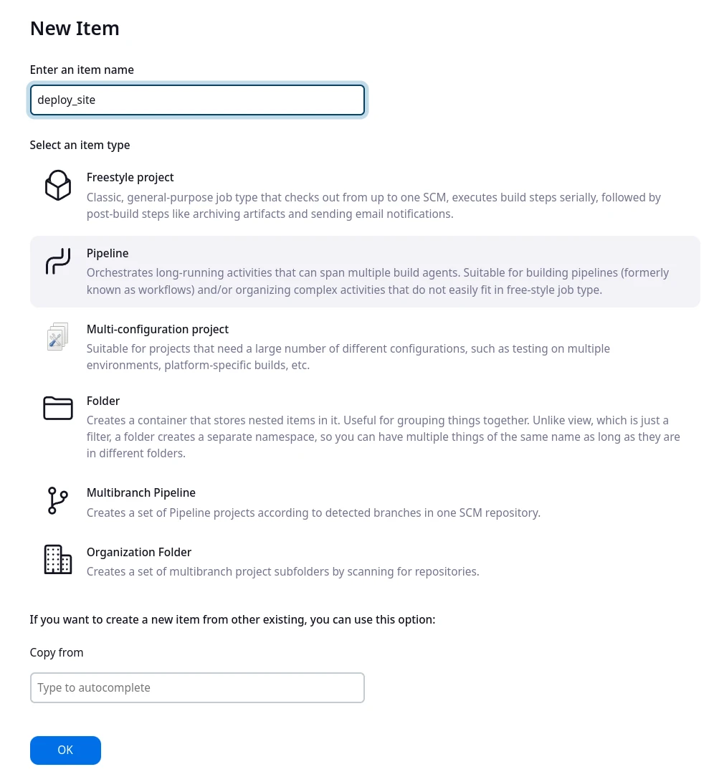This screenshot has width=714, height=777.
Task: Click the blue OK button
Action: tap(65, 750)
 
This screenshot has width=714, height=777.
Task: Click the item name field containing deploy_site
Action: tap(197, 100)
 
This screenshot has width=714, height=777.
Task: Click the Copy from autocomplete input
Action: tap(197, 687)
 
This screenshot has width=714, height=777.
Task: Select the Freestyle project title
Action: tap(130, 177)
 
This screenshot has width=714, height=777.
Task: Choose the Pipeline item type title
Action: tap(108, 253)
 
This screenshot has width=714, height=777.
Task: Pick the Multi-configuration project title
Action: tap(158, 329)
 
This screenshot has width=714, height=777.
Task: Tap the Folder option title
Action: tap(103, 401)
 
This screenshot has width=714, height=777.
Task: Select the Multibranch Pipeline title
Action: tap(141, 492)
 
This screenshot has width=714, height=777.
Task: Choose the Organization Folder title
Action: tap(139, 552)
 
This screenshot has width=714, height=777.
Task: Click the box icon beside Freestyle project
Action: tap(58, 185)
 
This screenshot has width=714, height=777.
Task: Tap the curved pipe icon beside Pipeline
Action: tap(58, 262)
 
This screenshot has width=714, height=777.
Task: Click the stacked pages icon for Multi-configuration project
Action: tap(58, 336)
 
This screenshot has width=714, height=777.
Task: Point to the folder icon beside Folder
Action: tap(58, 408)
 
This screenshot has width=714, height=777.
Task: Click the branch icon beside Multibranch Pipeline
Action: tap(57, 500)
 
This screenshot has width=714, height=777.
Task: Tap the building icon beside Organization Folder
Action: tap(58, 559)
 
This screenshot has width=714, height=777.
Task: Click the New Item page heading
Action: tap(75, 28)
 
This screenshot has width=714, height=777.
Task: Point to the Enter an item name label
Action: tap(82, 70)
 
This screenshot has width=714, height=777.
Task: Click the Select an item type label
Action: tap(80, 145)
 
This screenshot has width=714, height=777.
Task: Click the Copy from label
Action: tap(57, 652)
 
